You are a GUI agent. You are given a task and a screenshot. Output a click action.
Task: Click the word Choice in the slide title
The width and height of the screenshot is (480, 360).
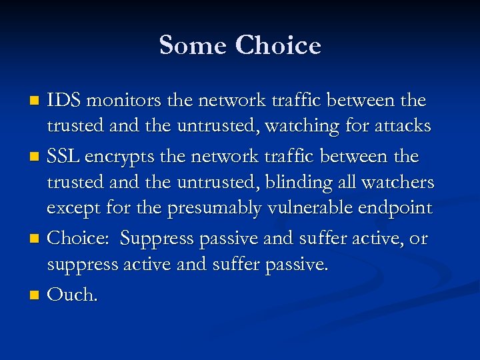coord(278,45)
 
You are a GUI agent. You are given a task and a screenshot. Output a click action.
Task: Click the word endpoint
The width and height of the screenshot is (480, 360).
coord(395,209)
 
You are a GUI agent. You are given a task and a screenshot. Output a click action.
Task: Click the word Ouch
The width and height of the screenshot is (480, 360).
coord(73,294)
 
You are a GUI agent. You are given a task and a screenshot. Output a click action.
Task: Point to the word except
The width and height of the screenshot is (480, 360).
coord(72,209)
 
